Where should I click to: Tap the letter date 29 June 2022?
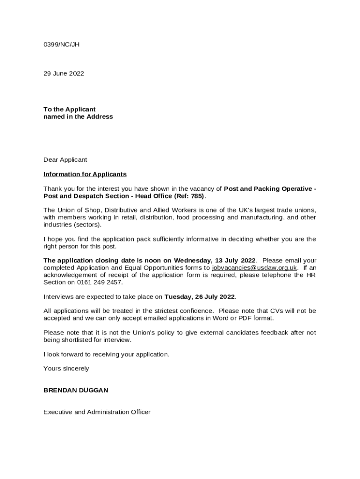click(x=64, y=73)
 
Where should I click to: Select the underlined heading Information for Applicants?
click(x=85, y=174)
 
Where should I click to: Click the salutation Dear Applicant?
click(x=65, y=160)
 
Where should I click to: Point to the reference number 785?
click(x=197, y=196)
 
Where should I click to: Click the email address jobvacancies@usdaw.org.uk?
click(x=254, y=268)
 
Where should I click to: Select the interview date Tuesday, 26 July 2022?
click(x=200, y=297)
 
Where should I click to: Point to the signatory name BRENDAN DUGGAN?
click(x=76, y=390)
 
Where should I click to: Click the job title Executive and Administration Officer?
click(x=97, y=412)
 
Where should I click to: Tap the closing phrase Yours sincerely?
click(x=66, y=369)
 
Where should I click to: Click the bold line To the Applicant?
click(x=69, y=109)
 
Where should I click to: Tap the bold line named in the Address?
click(x=78, y=117)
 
